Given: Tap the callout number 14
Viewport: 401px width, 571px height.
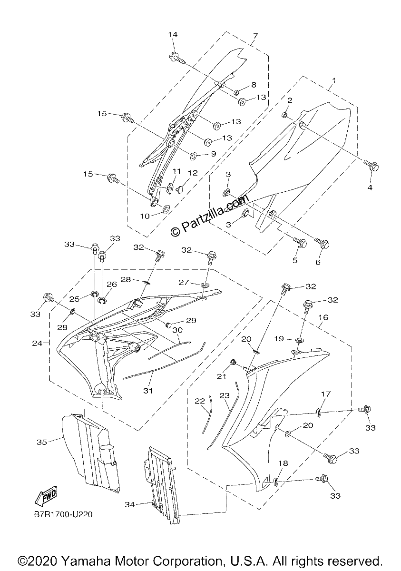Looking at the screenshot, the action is tap(173, 34).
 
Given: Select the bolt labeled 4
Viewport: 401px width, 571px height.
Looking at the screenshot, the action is tap(372, 166).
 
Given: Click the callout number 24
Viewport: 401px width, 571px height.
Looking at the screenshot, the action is tap(37, 344).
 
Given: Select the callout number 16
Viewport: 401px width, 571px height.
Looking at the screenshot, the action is tap(323, 317).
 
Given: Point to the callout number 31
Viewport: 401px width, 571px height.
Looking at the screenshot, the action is tap(148, 391).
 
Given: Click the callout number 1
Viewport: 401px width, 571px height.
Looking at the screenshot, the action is tap(334, 81).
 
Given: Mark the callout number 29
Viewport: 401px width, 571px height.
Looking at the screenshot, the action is tap(191, 320).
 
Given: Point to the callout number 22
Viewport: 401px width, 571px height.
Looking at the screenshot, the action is tap(200, 401).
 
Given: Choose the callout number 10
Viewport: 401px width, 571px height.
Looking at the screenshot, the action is tap(145, 216).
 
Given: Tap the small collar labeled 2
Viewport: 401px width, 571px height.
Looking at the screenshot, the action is tap(284, 116).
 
